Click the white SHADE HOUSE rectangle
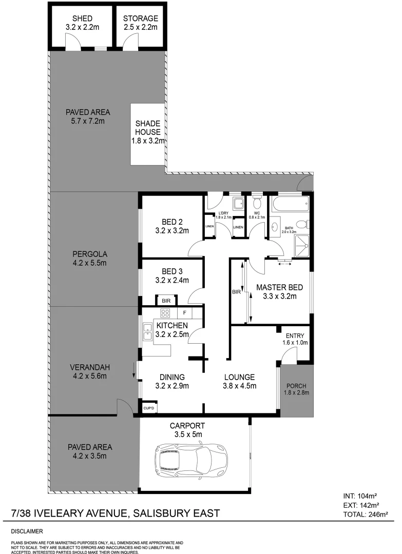pyautogui.click(x=148, y=134)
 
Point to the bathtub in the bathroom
pyautogui.click(x=291, y=205)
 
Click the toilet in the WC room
pyautogui.click(x=256, y=204)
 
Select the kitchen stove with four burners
pyautogui.click(x=166, y=312)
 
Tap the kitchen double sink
pyautogui.click(x=147, y=332)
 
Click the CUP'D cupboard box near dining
pyautogui.click(x=149, y=408)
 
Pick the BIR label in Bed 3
pyautogui.click(x=166, y=301)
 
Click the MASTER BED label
pyautogui.click(x=280, y=287)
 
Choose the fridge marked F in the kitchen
pyautogui.click(x=184, y=312)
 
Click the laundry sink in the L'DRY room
pyautogui.click(x=237, y=204)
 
